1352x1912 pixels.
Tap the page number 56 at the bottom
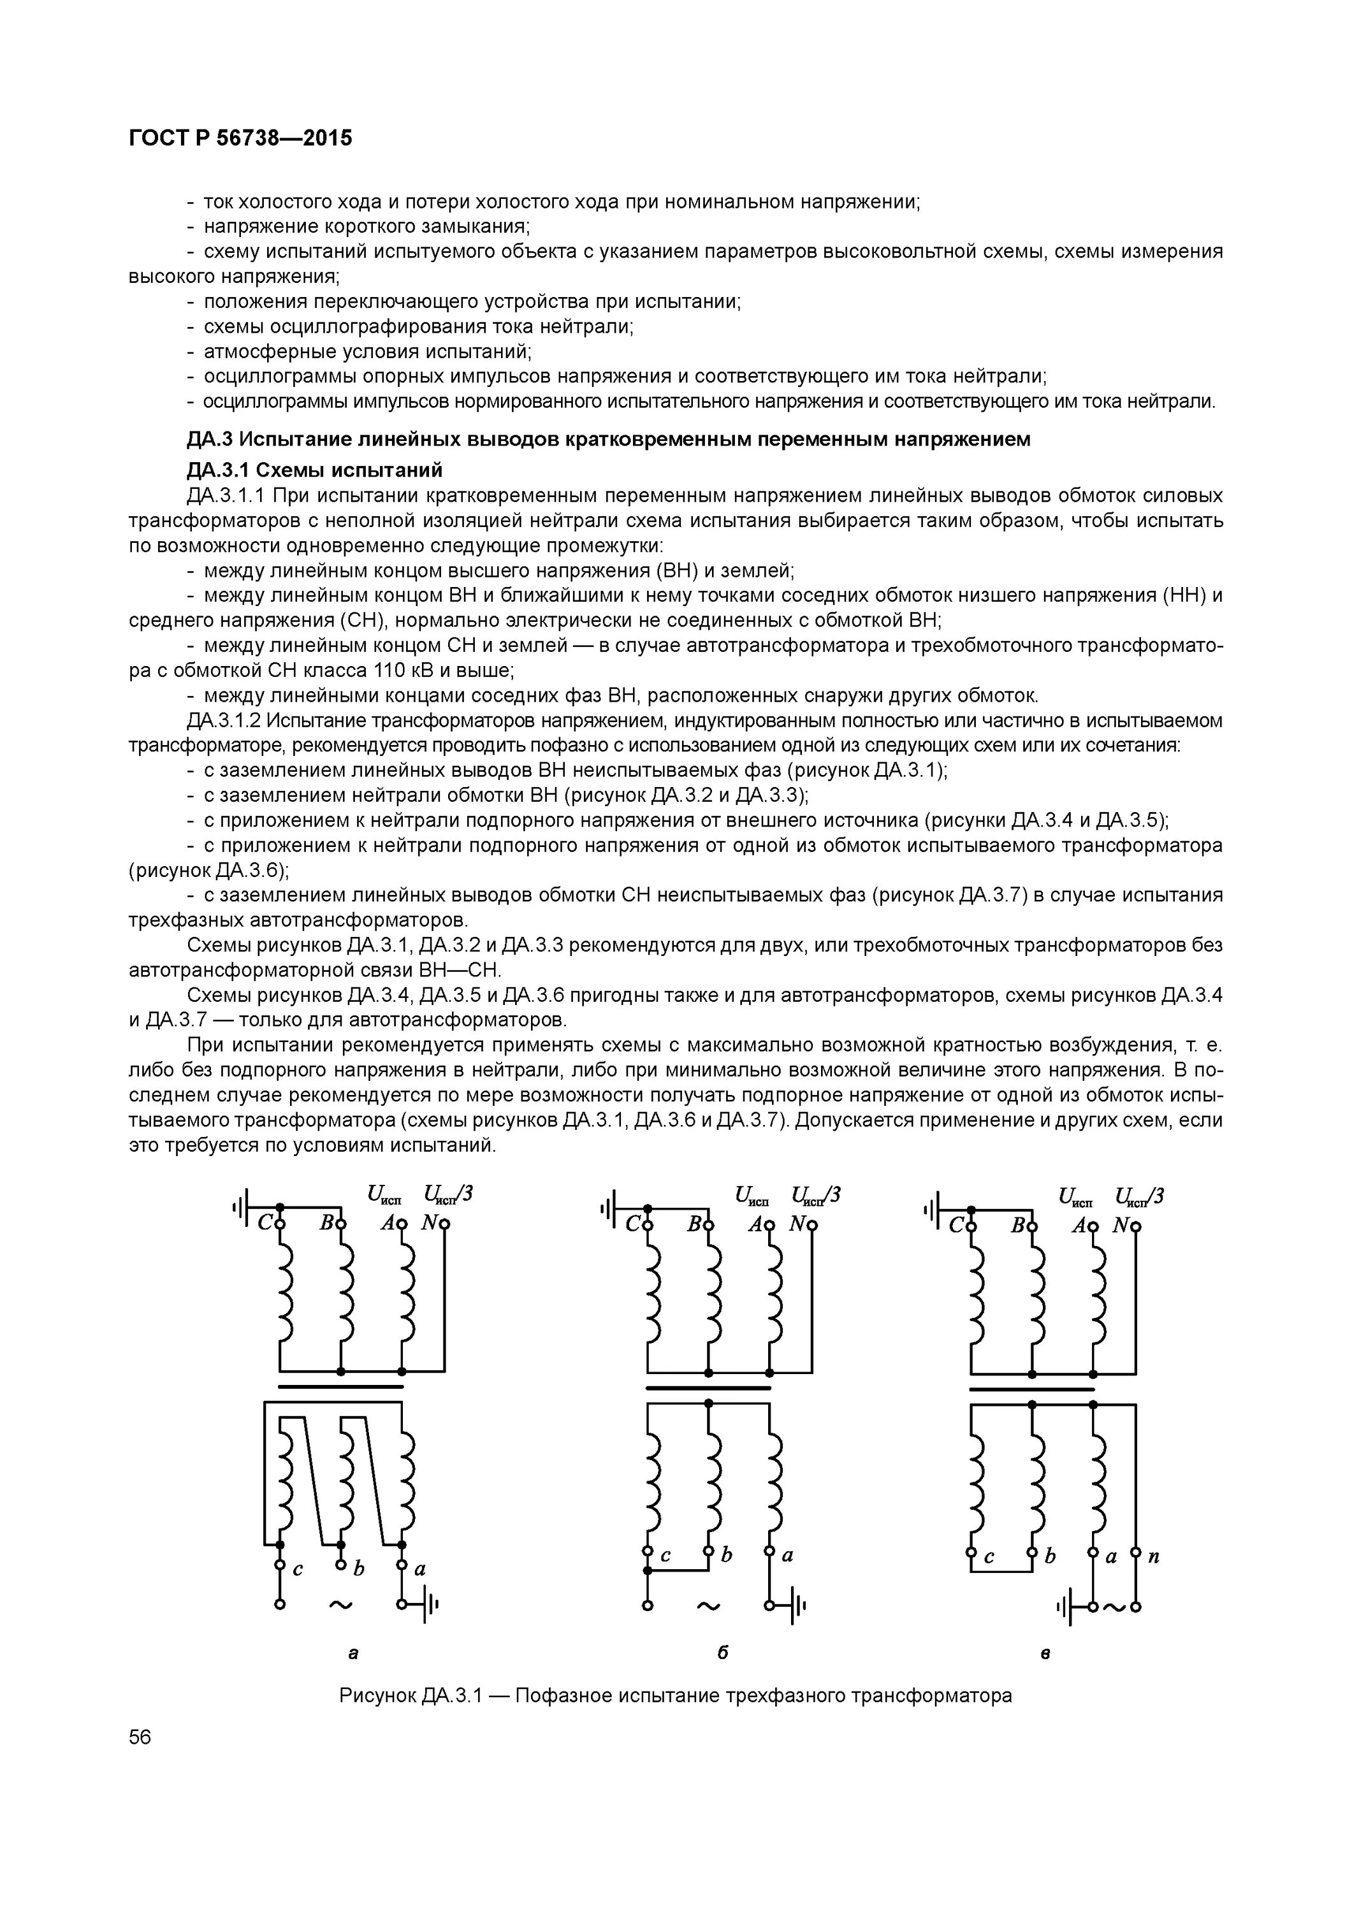pos(140,1760)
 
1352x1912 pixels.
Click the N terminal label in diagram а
pos(429,1223)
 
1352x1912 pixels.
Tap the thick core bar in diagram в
pos(1031,1388)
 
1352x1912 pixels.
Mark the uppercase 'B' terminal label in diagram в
pos(1017,1225)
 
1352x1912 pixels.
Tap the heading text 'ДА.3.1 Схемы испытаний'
pos(314,470)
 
